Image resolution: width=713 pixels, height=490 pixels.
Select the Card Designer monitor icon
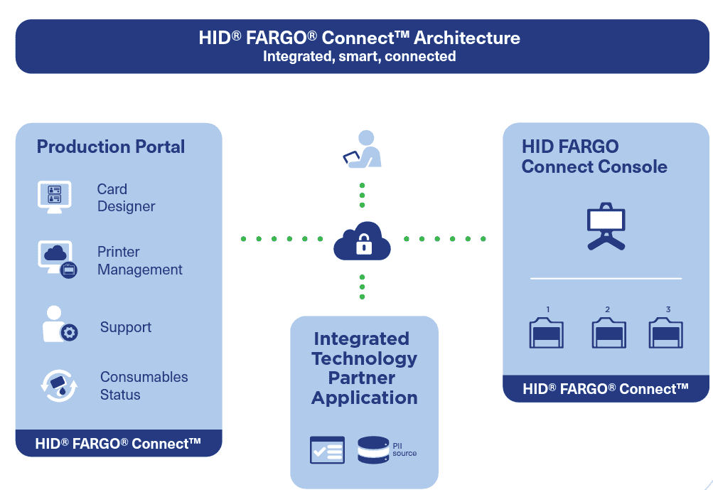click(x=54, y=196)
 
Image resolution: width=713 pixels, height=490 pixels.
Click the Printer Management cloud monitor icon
click(x=56, y=259)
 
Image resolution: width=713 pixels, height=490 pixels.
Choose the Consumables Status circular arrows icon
click(x=58, y=385)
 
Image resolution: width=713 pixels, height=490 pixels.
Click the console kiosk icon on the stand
click(x=606, y=226)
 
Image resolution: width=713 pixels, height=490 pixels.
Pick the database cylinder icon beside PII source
click(x=373, y=450)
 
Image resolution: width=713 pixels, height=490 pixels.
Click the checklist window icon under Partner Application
click(x=327, y=450)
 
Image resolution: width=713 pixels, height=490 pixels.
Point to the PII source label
click(x=404, y=449)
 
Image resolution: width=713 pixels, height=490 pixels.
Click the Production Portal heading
click(x=111, y=147)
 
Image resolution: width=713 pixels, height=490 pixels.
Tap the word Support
click(x=126, y=327)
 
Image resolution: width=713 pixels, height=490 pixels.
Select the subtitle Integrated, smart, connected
click(x=359, y=56)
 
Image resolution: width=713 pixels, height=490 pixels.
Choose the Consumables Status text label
click(x=144, y=385)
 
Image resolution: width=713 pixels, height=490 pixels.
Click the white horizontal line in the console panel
click(x=606, y=278)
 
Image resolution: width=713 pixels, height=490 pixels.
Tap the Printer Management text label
click(x=139, y=261)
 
